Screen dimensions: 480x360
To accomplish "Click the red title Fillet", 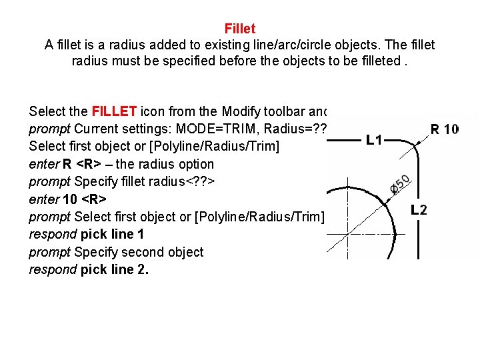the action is tap(240, 29).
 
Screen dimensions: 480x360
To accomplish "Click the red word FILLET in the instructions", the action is tap(114, 111).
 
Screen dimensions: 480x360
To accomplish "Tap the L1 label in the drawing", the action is tap(374, 141).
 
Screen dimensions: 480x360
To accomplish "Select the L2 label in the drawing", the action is tap(419, 209).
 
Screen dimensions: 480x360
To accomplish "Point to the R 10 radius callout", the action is tap(444, 129).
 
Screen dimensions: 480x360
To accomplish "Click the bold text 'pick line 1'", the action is tap(112, 234).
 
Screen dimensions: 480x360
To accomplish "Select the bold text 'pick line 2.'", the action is tap(114, 270).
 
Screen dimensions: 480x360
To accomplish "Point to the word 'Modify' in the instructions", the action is tap(244, 111).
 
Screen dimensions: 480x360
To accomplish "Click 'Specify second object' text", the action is tap(139, 252).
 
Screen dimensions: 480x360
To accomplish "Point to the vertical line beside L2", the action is tap(419, 233).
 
